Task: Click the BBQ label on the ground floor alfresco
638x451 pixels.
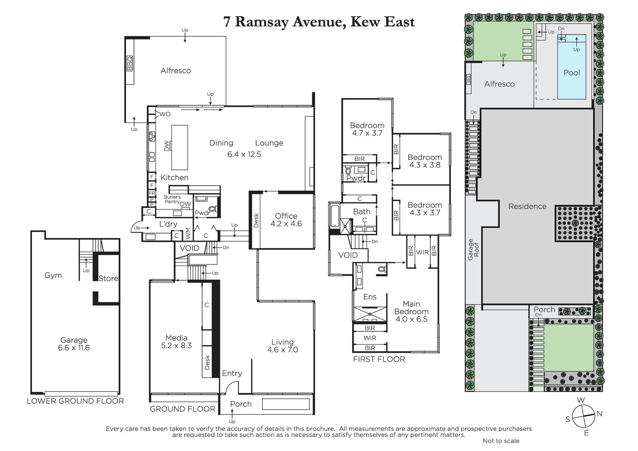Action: click(129, 63)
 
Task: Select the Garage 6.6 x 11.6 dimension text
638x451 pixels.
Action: click(74, 347)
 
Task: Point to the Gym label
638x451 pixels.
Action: click(53, 275)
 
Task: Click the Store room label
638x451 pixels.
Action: click(108, 278)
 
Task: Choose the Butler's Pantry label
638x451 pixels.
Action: click(172, 199)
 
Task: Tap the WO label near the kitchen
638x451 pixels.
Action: click(165, 114)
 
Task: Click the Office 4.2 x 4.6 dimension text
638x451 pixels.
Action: click(286, 223)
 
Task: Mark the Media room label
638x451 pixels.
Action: click(176, 338)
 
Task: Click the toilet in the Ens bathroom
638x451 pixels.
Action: click(382, 270)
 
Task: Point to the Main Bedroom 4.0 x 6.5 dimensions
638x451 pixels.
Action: click(411, 319)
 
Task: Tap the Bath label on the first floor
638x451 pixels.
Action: click(362, 211)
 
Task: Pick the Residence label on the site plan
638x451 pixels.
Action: click(527, 206)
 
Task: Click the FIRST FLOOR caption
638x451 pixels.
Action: click(379, 359)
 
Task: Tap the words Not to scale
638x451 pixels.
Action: click(501, 441)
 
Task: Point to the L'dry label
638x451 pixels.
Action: click(168, 224)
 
